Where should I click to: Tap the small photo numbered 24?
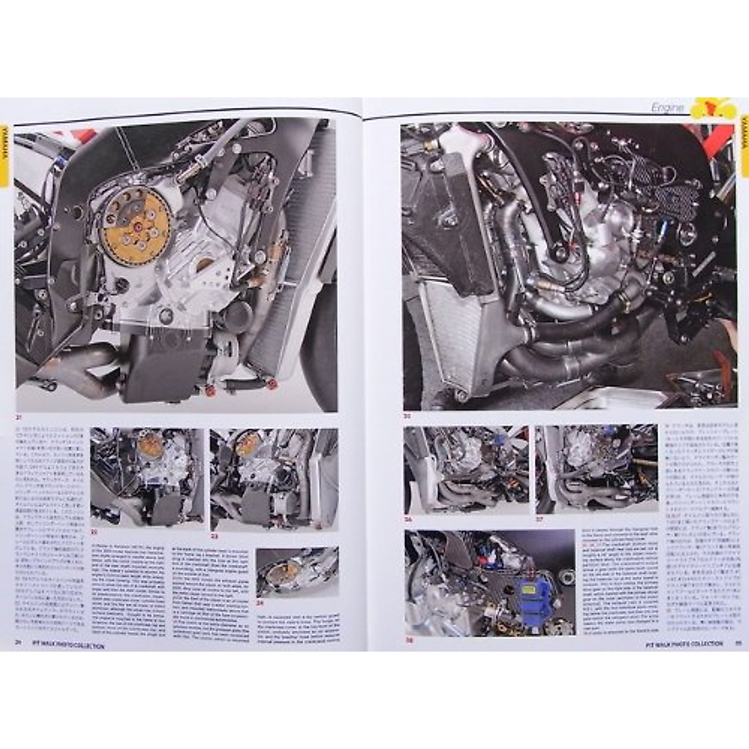(297, 572)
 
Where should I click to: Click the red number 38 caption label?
(410, 640)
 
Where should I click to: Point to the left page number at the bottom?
(19, 646)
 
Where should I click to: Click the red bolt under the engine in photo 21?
(210, 391)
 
